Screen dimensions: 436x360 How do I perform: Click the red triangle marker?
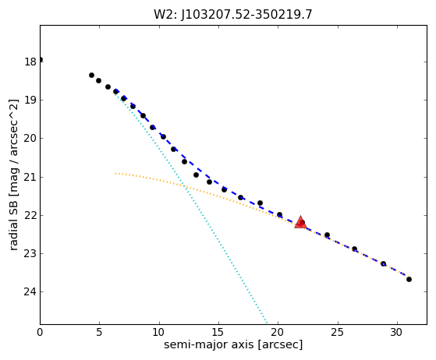[x=300, y=223]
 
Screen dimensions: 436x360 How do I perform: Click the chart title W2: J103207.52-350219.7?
[x=233, y=15]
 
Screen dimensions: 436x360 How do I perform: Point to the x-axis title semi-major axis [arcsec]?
[x=233, y=344]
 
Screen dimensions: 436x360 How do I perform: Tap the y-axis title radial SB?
[x=13, y=211]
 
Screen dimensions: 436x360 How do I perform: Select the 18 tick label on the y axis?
[x=30, y=62]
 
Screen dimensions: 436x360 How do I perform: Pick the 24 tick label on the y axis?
[x=30, y=292]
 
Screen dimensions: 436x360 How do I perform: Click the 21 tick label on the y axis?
[x=30, y=177]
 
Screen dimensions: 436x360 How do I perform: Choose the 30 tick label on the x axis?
[x=397, y=332]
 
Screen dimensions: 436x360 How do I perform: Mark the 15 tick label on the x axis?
[x=218, y=332]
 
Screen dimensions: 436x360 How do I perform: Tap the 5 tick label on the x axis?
[x=100, y=332]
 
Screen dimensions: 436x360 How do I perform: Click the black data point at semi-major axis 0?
[x=41, y=60]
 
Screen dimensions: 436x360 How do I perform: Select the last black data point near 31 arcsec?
[x=409, y=279]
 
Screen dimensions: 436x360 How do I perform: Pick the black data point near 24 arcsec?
[x=327, y=235]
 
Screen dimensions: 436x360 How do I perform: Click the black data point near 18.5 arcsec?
[x=260, y=203]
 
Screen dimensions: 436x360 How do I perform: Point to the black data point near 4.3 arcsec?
[x=91, y=75]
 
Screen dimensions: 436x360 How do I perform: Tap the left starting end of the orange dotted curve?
[x=115, y=173]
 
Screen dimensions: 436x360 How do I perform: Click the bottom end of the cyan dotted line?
[x=267, y=323]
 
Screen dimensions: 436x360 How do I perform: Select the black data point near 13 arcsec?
[x=196, y=175]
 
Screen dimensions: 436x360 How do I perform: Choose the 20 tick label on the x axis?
[x=278, y=332]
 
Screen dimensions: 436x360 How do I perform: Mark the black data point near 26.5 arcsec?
[x=354, y=249]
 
